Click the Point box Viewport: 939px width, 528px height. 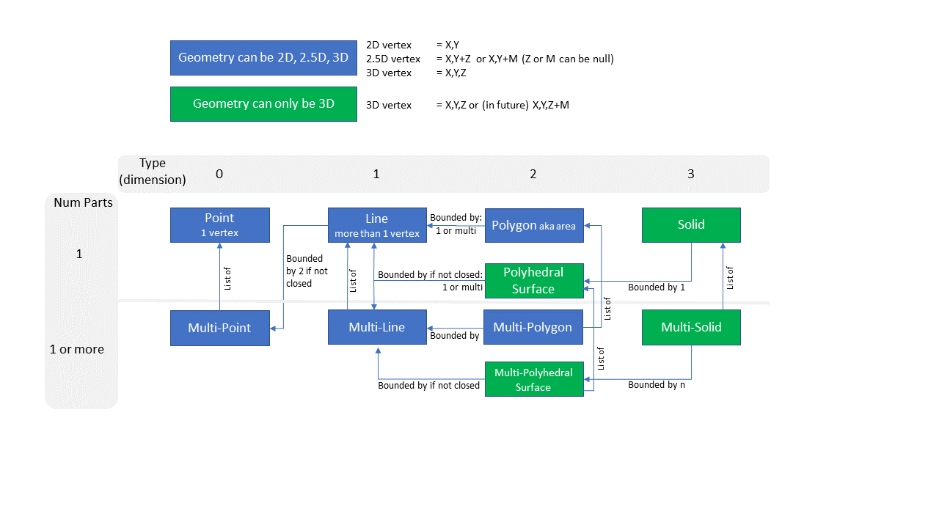pos(219,224)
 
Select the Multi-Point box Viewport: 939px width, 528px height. pos(219,328)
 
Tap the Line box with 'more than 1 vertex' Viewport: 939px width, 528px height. pos(376,224)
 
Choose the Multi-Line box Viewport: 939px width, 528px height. pos(376,327)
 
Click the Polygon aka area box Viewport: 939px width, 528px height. pos(533,225)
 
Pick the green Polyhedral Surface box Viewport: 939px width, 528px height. pos(533,280)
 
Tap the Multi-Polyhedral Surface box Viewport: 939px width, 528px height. pos(533,379)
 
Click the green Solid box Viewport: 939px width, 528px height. pos(690,224)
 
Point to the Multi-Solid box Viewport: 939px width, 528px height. pos(690,327)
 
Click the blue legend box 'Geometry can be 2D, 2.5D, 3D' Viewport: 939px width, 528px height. pos(263,57)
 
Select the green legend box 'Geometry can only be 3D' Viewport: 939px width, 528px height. pos(263,104)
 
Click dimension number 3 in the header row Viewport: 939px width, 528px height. pos(690,174)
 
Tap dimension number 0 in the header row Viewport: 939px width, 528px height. pos(219,174)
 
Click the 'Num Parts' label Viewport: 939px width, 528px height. pos(83,202)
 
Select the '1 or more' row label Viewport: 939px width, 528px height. pos(76,349)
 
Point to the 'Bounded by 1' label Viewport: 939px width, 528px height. pos(656,287)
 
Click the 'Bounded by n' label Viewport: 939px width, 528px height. pos(656,384)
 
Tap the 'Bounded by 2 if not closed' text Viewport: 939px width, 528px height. pos(307,271)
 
